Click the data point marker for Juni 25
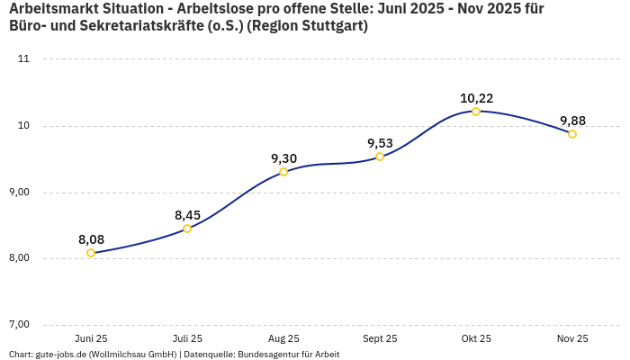(91, 253)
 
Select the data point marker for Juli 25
(187, 229)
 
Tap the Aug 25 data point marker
(283, 172)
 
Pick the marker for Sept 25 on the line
(380, 157)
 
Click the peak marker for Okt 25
(476, 112)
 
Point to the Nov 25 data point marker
(572, 134)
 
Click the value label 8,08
(91, 239)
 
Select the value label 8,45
(187, 215)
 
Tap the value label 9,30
(283, 158)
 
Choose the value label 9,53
(380, 143)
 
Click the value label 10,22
(476, 98)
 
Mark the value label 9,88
(572, 121)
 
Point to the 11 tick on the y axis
(23, 59)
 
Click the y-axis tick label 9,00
(19, 193)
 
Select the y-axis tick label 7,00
(19, 325)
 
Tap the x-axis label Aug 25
(283, 338)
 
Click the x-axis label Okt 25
(476, 338)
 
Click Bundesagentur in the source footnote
(266, 355)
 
